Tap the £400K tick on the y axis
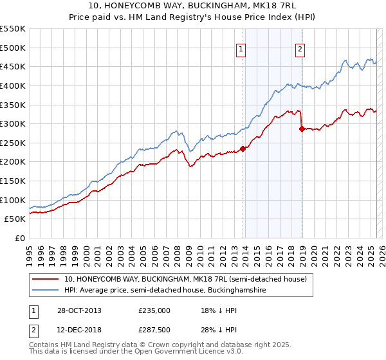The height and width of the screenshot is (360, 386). [13, 85]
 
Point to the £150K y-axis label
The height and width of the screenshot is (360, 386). [13, 181]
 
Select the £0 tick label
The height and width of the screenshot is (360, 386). [19, 238]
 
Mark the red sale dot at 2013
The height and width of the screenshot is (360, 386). [243, 148]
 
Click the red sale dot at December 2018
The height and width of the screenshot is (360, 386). [302, 129]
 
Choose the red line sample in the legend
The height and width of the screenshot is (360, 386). [46, 279]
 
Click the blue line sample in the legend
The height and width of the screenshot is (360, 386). [46, 291]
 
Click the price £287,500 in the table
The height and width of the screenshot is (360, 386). [154, 330]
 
